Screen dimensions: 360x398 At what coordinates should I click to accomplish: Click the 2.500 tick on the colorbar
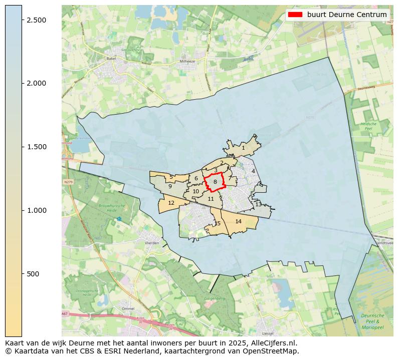point(22,20)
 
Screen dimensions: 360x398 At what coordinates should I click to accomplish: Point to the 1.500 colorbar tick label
point(37,147)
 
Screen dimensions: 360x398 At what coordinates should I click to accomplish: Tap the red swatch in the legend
point(296,15)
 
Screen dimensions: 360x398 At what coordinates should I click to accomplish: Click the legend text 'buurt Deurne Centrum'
point(347,15)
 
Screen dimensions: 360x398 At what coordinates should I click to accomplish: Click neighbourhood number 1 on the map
point(243,148)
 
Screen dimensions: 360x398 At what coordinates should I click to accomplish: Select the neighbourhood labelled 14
point(239,221)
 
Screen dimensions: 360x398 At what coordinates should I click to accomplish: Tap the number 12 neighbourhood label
point(171,203)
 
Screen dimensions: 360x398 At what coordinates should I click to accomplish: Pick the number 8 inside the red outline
point(215,182)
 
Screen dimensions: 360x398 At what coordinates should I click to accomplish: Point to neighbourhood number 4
point(253,171)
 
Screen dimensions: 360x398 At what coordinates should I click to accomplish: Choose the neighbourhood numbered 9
point(170,186)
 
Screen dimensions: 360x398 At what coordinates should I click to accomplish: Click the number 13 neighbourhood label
point(258,204)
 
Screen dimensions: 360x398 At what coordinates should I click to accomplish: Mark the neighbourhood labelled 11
point(211,199)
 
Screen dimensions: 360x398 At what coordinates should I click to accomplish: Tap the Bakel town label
point(111,59)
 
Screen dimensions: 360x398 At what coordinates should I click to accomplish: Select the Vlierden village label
point(151,243)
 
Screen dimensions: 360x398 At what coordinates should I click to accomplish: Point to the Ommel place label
point(128,309)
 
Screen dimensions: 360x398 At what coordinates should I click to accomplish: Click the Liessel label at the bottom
point(268,333)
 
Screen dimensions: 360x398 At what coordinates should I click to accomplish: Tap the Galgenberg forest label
point(215,298)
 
